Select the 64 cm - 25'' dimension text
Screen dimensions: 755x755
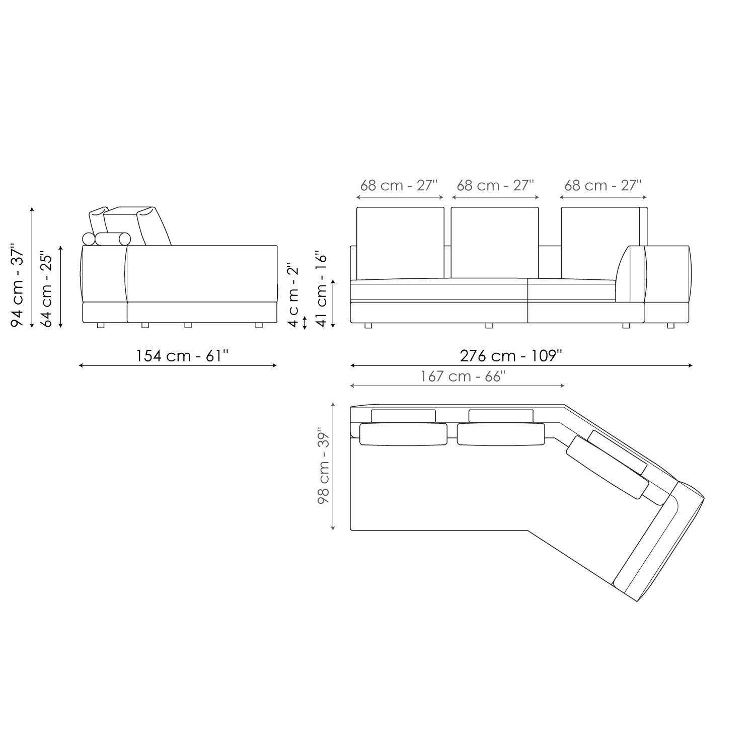tap(46, 289)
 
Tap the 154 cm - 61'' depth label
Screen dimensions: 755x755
tap(182, 356)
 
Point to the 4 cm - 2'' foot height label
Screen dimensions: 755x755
tap(293, 294)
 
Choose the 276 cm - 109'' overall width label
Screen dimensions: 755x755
tap(511, 356)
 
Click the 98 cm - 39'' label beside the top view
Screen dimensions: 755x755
tap(323, 467)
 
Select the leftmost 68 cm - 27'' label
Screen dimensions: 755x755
tap(399, 185)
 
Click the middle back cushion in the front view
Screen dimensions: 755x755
tap(495, 243)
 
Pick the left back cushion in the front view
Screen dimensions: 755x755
tap(400, 243)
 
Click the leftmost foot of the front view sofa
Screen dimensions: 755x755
tap(368, 326)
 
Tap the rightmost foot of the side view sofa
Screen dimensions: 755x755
tap(259, 326)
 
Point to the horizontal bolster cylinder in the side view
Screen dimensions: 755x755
tap(113, 239)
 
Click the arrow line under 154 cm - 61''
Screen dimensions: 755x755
tap(178, 366)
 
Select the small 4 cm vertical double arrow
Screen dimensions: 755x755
tap(304, 323)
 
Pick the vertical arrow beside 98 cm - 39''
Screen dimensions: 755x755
tap(333, 467)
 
